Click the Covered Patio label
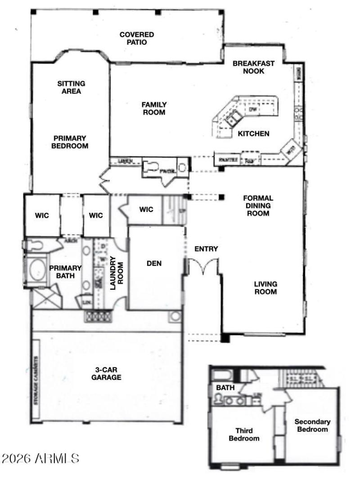pos(136,38)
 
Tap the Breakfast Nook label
pos(253,67)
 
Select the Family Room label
pos(154,108)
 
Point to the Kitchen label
pos(253,134)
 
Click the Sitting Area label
pos(71,87)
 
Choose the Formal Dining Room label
pos(258,206)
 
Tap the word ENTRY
pos(206,249)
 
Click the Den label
pos(154,263)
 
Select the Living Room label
pos(265,288)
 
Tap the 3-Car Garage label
pos(106,373)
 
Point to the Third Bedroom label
pos(244,434)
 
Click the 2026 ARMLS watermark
pos(40,458)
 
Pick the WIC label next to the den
pos(146,209)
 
